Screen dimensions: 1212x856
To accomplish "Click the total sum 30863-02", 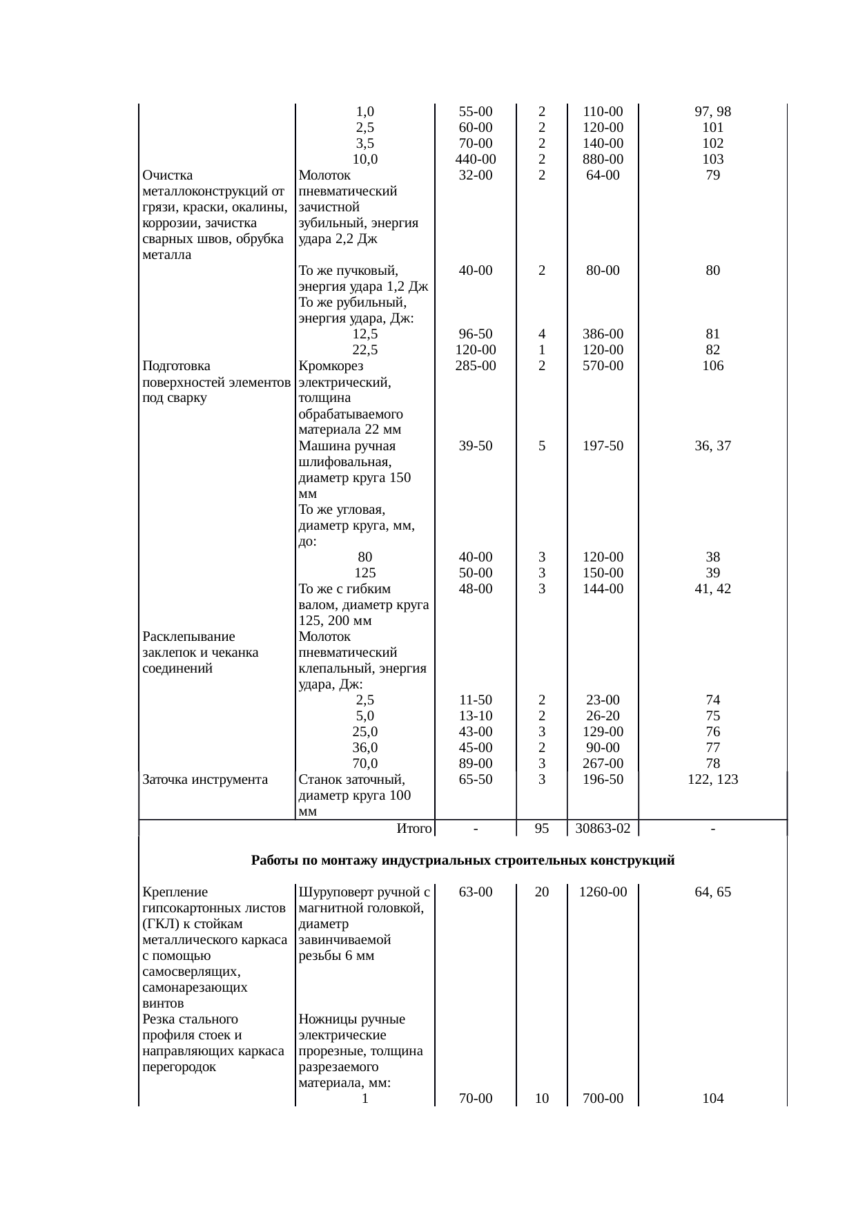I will [602, 828].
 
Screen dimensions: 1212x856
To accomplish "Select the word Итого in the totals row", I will [414, 828].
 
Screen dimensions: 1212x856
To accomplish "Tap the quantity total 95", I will [542, 828].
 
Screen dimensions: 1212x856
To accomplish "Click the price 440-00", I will [476, 160].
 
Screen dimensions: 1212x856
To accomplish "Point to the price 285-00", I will [476, 366].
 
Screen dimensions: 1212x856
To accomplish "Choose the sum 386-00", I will [603, 334].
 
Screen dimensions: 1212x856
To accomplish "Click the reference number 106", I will [712, 366].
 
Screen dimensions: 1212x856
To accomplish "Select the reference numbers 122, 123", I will [712, 779].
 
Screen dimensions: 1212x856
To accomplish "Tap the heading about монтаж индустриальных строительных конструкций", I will [463, 860].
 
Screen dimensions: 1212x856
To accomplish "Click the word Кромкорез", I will [331, 366].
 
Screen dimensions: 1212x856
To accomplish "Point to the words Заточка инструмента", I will [205, 780].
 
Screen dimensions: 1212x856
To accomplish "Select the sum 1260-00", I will [603, 892].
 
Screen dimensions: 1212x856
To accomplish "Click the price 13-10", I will [476, 715].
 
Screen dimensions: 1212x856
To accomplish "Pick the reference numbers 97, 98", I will [712, 112].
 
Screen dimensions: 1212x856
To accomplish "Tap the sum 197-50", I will [603, 446].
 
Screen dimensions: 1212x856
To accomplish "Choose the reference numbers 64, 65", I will [712, 892].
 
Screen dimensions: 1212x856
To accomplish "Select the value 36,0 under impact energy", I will [364, 747].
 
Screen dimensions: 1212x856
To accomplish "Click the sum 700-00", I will [603, 1098].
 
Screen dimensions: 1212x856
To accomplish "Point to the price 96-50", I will [476, 334].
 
